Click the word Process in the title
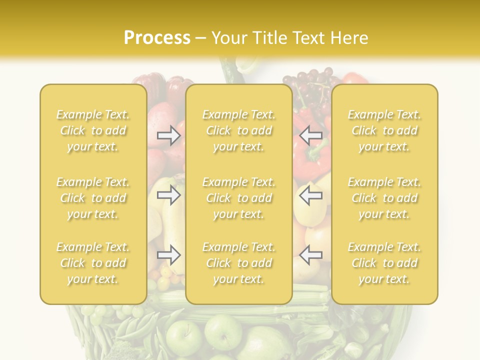157,37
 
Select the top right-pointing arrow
168,135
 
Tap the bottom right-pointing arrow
168,255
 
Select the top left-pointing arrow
310,135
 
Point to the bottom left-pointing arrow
310,255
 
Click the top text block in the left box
93,130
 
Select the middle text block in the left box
93,198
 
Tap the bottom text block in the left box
93,263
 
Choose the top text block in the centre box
238,130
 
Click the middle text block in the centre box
238,198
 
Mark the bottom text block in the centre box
238,263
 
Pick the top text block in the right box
384,130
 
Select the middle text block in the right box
384,198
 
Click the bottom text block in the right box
384,263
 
